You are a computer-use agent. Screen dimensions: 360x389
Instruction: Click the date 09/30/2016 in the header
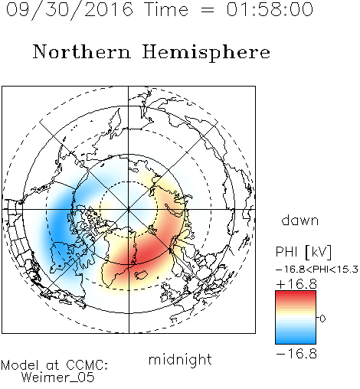pyautogui.click(x=70, y=10)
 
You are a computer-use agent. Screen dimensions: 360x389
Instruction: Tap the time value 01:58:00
pyautogui.click(x=270, y=9)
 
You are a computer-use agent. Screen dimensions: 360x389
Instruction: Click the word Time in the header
pyautogui.click(x=166, y=9)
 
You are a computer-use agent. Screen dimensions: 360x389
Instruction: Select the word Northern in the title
pyautogui.click(x=81, y=51)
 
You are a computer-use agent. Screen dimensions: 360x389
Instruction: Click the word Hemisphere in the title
pyautogui.click(x=206, y=53)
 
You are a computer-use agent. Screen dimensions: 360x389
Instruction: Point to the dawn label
pyautogui.click(x=300, y=220)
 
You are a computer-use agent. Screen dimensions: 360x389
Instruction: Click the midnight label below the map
pyautogui.click(x=180, y=360)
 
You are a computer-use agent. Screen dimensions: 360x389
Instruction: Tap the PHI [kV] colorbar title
pyautogui.click(x=303, y=252)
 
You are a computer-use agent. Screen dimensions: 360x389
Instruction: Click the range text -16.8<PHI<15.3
pyautogui.click(x=317, y=270)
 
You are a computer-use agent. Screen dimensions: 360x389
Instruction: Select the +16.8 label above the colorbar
pyautogui.click(x=296, y=284)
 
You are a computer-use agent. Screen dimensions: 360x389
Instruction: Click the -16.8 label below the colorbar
pyautogui.click(x=296, y=354)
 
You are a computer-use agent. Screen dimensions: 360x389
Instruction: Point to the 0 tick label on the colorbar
pyautogui.click(x=322, y=319)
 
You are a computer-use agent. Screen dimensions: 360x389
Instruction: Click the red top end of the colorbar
pyautogui.click(x=296, y=293)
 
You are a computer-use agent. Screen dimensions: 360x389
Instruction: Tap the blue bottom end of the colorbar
pyautogui.click(x=296, y=342)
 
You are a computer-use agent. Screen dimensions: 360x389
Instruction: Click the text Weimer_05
pyautogui.click(x=58, y=378)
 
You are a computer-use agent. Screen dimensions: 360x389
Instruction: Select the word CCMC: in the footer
pyautogui.click(x=87, y=365)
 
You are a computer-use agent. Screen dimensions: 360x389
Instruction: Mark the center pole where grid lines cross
pyautogui.click(x=129, y=209)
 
